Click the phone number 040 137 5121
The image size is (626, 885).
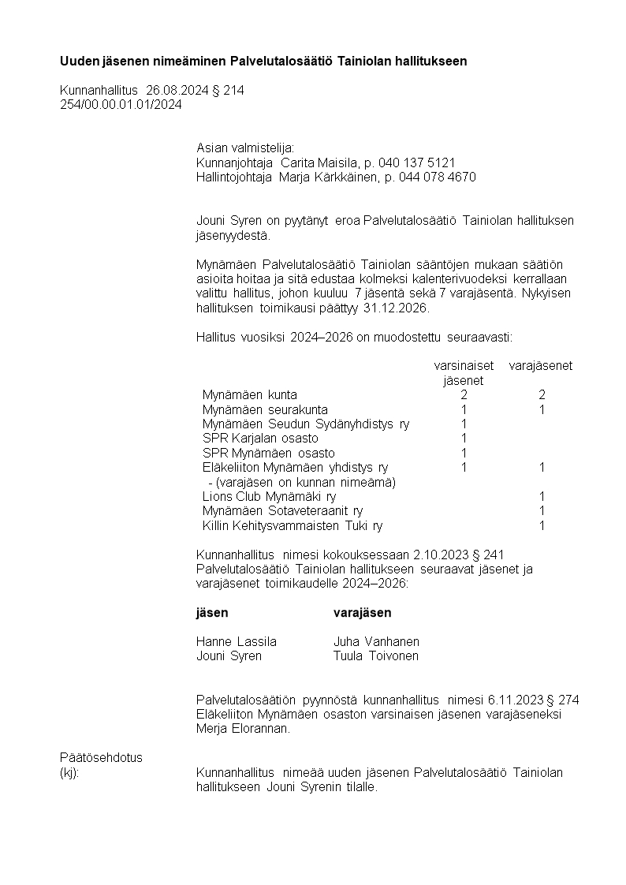[423, 162]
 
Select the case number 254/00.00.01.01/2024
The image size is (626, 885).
[121, 105]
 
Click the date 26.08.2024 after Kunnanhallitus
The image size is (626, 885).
[181, 91]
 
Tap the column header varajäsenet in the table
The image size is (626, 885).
[541, 366]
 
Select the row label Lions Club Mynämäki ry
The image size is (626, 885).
[269, 497]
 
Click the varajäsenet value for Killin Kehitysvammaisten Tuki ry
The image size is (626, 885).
[542, 526]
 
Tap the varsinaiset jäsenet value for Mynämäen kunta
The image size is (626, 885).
[464, 395]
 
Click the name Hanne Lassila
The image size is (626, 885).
[237, 641]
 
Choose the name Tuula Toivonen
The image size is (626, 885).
[376, 656]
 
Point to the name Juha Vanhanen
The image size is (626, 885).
[376, 641]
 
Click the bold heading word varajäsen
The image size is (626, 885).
[362, 613]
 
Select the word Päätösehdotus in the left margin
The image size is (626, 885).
[102, 757]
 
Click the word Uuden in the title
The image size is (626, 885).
[79, 62]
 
